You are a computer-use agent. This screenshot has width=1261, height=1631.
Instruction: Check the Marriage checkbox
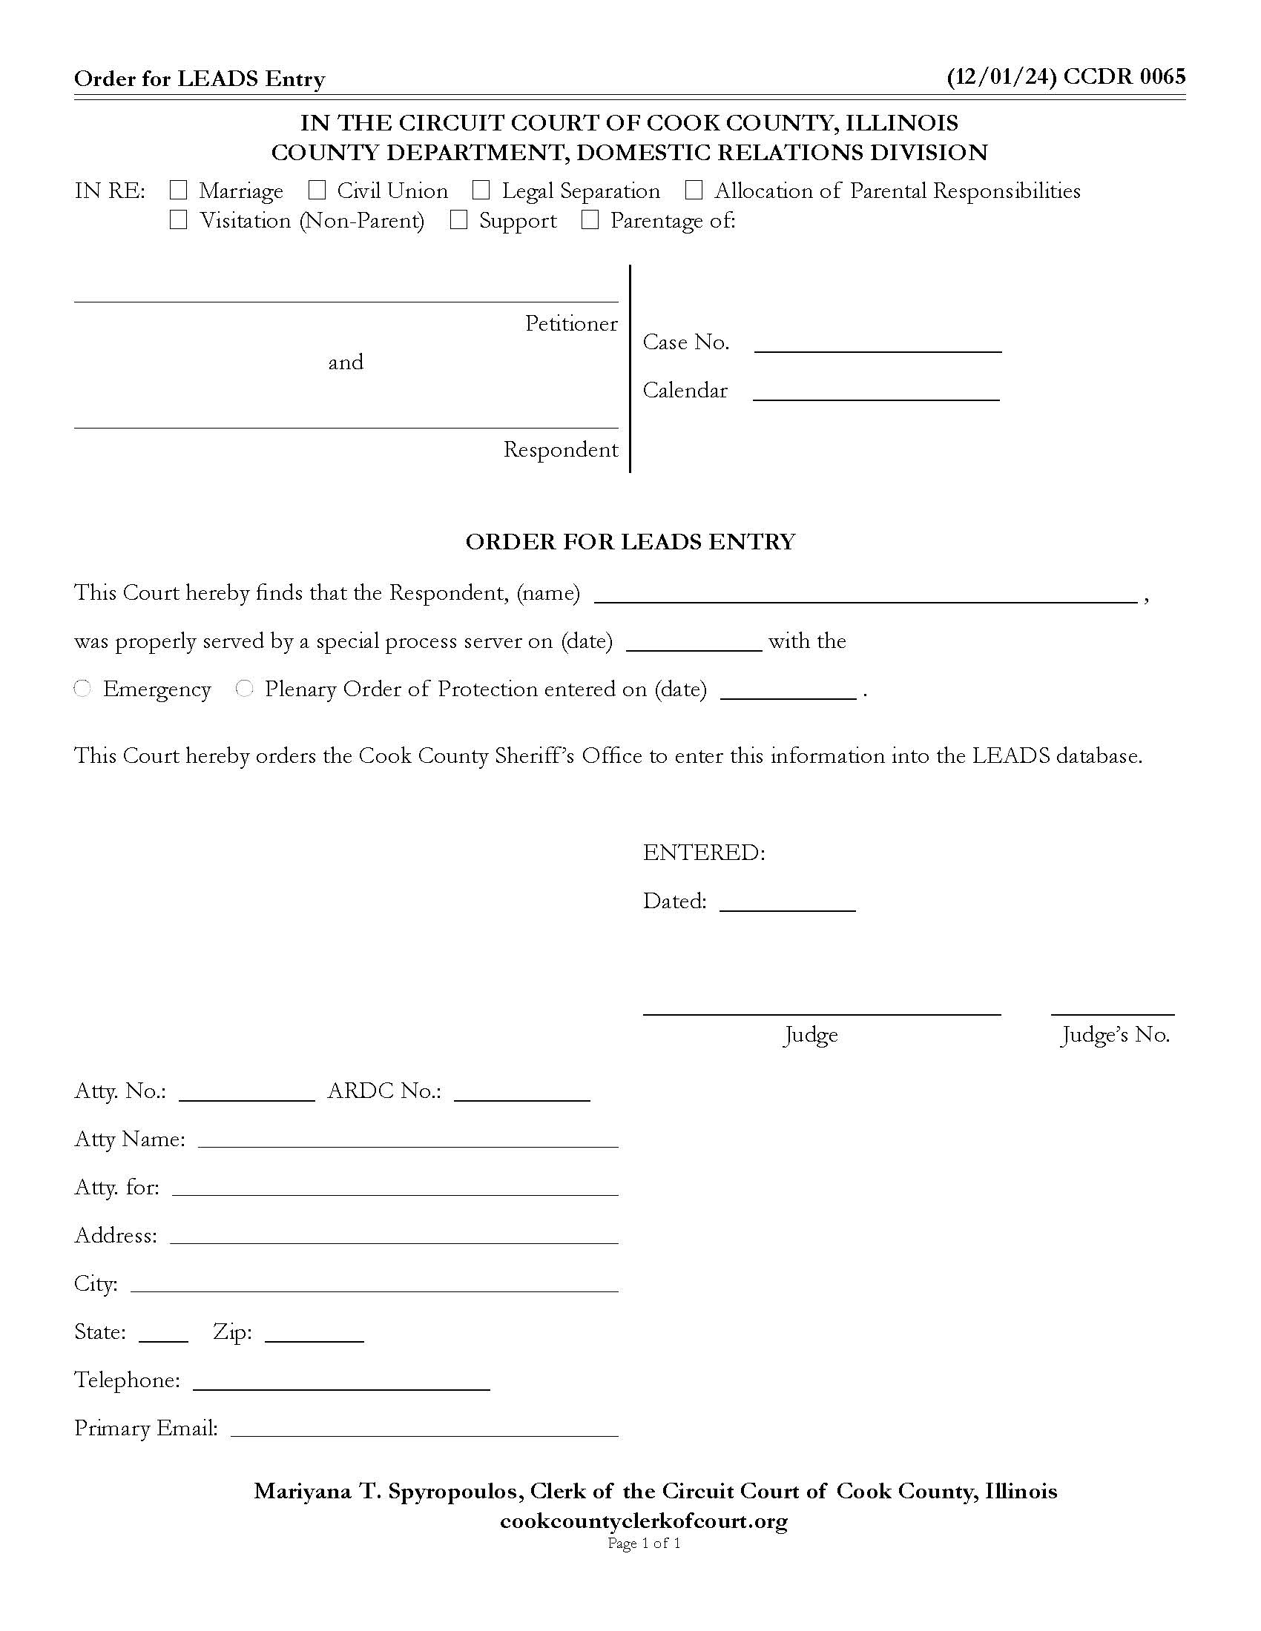point(178,191)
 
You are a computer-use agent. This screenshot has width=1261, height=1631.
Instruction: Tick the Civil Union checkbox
point(317,191)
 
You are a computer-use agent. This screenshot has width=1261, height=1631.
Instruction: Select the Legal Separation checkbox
point(481,191)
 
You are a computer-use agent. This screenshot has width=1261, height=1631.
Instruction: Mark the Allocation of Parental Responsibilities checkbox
point(694,191)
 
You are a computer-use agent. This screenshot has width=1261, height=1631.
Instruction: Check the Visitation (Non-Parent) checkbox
point(178,220)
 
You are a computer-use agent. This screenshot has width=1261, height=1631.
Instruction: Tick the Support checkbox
point(458,220)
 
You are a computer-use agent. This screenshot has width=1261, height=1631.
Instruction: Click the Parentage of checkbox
point(590,220)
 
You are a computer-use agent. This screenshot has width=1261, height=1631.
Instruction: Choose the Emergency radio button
point(83,689)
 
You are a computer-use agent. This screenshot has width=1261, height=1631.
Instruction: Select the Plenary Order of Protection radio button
point(244,689)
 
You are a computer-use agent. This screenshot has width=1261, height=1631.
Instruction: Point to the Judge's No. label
point(1115,1035)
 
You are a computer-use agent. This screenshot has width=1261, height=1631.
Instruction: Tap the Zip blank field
point(314,1333)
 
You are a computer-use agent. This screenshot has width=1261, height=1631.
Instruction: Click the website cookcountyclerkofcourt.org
point(643,1521)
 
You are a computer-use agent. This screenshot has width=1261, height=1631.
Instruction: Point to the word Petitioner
point(570,323)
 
